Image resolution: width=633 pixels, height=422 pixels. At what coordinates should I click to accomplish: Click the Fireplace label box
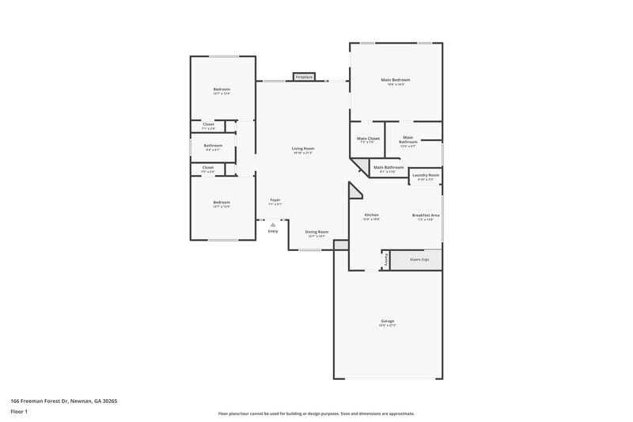tap(304, 77)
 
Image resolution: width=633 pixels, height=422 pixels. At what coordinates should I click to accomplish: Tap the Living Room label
tap(303, 149)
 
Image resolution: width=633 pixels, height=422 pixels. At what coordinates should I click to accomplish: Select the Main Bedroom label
tap(395, 80)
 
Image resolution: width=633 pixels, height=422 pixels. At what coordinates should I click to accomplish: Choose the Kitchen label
tap(371, 215)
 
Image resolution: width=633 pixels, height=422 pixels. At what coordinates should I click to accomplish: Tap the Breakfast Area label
tap(426, 215)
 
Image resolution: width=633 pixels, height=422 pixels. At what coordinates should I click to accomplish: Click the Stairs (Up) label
tap(419, 259)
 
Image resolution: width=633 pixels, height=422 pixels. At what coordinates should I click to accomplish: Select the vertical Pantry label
tap(387, 260)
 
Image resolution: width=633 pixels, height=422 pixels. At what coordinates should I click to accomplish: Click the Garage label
tap(387, 321)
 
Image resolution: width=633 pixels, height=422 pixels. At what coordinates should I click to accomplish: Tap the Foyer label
tap(275, 200)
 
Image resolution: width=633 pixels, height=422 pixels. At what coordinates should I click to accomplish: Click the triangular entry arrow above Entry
tap(273, 225)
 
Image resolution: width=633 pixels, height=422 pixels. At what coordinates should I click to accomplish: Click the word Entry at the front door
tap(273, 231)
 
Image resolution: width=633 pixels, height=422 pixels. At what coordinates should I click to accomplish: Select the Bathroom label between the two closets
tap(213, 146)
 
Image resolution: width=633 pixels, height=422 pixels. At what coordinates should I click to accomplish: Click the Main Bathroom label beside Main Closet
tap(407, 140)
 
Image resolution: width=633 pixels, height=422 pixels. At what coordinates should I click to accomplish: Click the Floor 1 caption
tap(19, 412)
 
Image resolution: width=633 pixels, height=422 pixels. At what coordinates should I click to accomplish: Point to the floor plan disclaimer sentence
tap(316, 413)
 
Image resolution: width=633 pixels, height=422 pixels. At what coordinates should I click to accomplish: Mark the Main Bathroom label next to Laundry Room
tap(389, 167)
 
